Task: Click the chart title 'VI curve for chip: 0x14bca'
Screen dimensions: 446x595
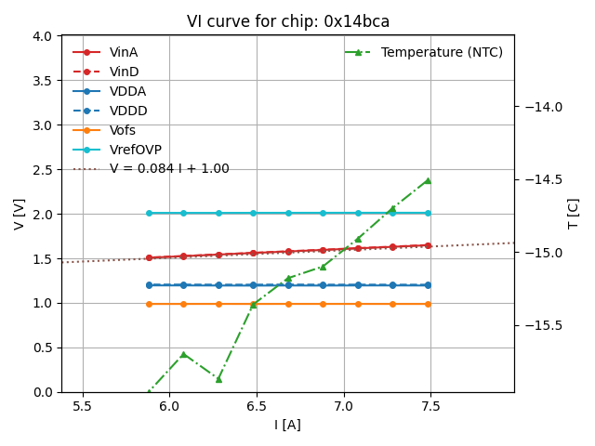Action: (287, 21)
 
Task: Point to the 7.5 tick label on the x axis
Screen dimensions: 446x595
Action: (430, 407)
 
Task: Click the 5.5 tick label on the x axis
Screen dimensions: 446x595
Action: (83, 407)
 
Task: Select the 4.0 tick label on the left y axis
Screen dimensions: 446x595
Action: (43, 36)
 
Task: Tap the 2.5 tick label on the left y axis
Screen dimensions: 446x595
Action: (43, 170)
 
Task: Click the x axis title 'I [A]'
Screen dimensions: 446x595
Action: (287, 425)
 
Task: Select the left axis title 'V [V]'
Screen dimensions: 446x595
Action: (20, 214)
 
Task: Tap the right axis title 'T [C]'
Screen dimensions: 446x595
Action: (573, 214)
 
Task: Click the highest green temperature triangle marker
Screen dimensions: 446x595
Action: (428, 180)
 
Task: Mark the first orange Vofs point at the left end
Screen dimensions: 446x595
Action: (149, 304)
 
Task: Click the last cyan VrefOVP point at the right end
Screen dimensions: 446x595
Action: (428, 213)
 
